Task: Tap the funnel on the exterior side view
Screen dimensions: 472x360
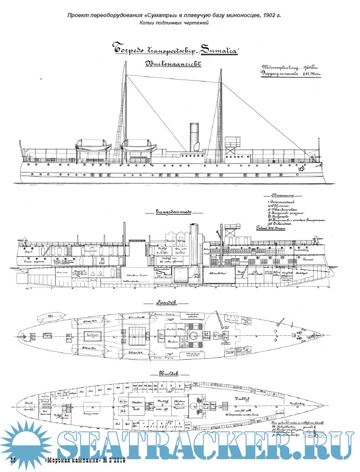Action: pos(194,138)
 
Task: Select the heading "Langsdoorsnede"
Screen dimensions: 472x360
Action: pos(173,212)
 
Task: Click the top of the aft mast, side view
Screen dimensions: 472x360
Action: pos(126,63)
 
